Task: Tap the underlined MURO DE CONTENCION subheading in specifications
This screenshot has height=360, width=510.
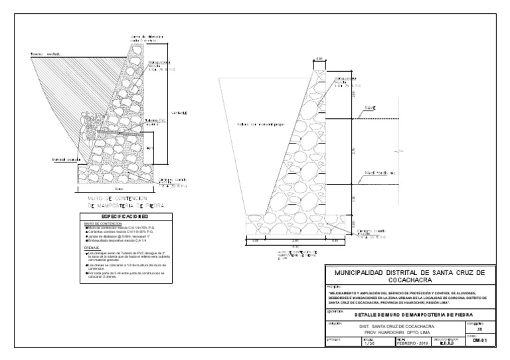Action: tap(100, 224)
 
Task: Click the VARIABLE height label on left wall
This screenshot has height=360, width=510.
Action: tap(179, 114)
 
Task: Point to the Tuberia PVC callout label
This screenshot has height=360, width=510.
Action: tap(154, 120)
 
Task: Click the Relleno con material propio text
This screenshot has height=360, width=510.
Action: tap(256, 124)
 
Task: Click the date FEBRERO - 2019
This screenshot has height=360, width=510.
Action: tap(413, 343)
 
